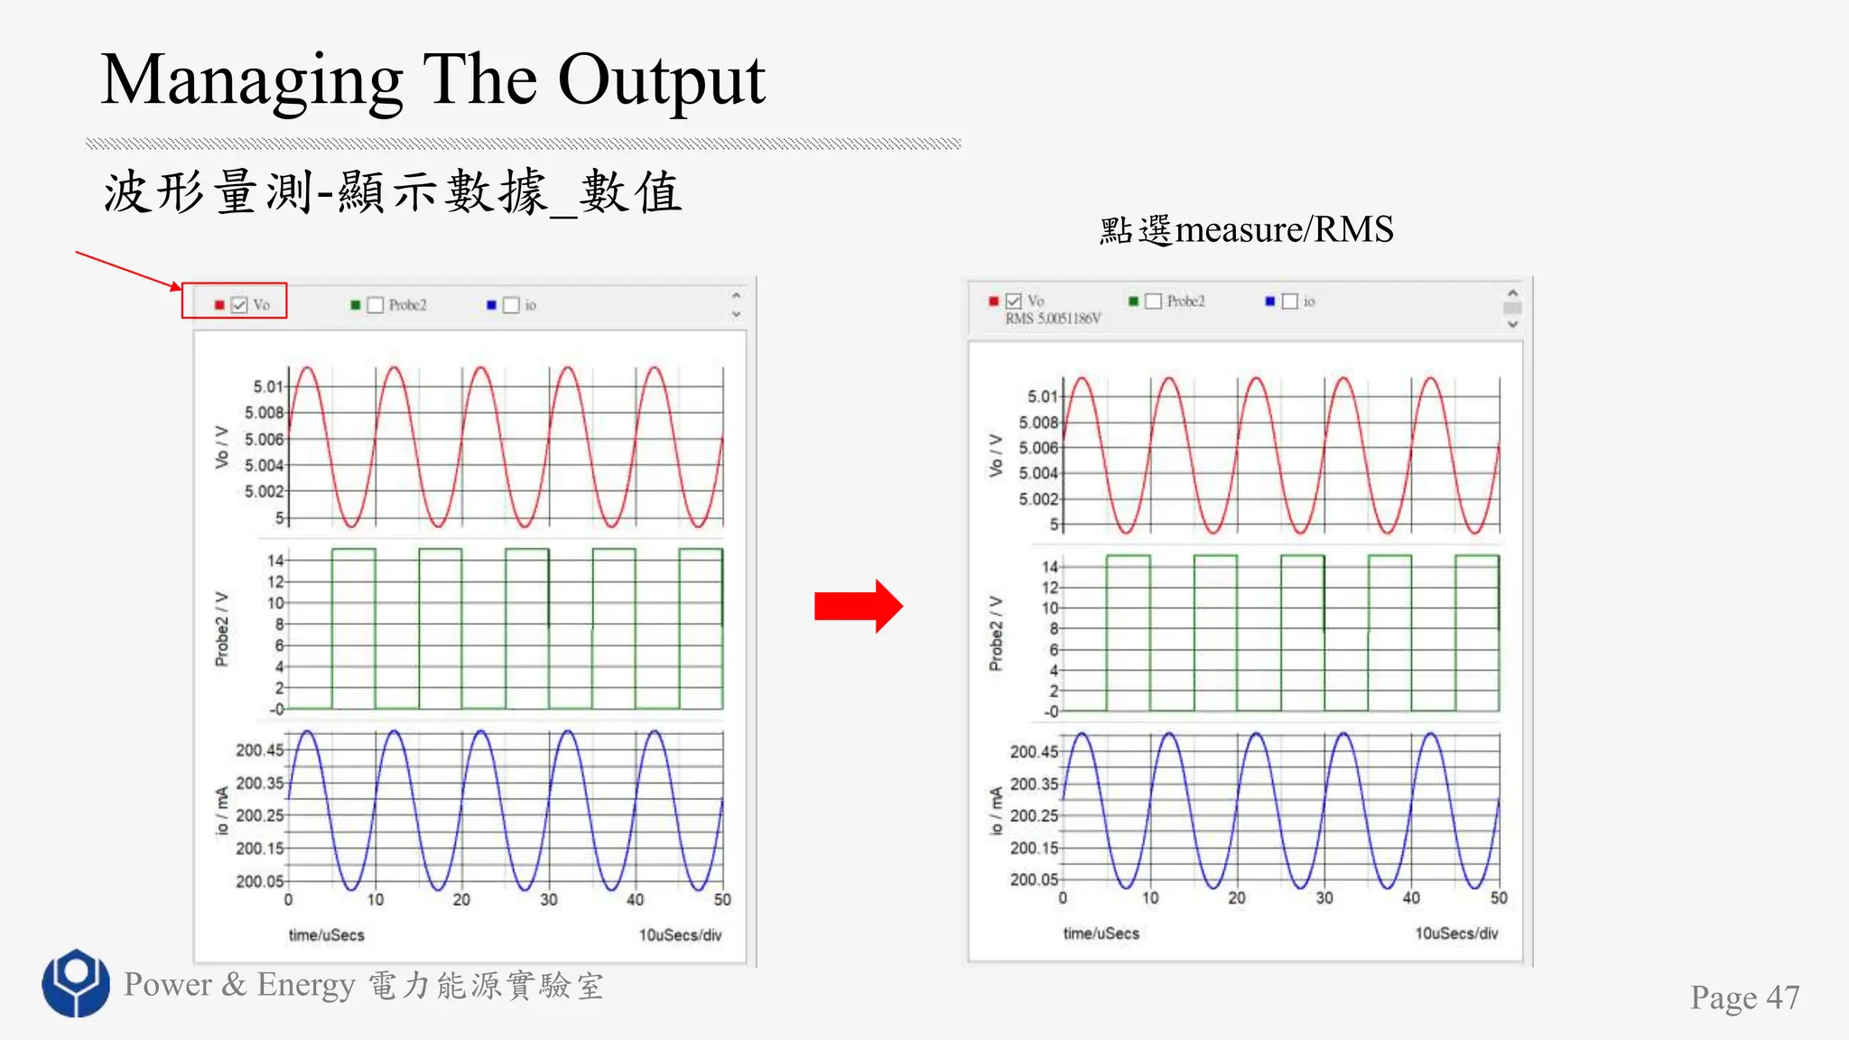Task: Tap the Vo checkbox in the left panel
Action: point(239,305)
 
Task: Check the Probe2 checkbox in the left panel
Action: point(376,305)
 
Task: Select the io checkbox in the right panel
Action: point(1290,302)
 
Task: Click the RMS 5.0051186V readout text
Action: point(1053,319)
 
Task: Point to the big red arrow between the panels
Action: point(858,606)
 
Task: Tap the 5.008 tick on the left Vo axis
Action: point(264,413)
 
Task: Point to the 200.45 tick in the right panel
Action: point(1034,752)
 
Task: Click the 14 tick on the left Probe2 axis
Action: point(275,561)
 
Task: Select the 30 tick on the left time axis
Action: point(549,900)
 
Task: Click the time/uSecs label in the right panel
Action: point(1101,933)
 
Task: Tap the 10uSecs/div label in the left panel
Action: point(680,935)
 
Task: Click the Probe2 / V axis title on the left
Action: point(222,629)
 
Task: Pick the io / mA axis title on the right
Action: point(996,811)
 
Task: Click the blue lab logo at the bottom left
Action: point(76,982)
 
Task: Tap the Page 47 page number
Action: point(1744,998)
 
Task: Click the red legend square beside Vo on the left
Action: point(219,305)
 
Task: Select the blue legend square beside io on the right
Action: point(1270,302)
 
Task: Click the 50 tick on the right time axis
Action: point(1499,898)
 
